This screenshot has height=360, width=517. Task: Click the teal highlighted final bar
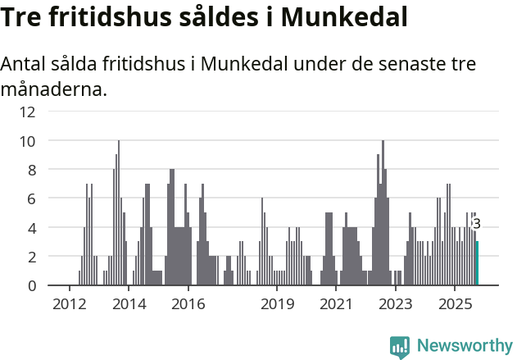477,263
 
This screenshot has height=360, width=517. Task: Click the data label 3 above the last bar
476,224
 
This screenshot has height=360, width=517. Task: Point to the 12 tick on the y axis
27,112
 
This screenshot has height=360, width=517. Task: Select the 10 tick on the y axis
27,141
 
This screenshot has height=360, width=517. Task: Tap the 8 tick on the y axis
30,170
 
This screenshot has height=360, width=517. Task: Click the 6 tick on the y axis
30,198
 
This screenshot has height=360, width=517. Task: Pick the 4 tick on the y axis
30,227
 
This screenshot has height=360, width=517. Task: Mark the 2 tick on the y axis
30,257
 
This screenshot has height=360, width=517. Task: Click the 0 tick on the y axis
30,285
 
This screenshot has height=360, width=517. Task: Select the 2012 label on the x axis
69,305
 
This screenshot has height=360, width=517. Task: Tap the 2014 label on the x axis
129,305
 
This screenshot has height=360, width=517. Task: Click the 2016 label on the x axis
188,305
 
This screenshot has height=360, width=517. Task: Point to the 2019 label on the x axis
277,305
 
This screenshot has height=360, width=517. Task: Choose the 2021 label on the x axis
336,305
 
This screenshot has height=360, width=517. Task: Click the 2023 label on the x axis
396,305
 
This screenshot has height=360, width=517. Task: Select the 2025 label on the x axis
456,305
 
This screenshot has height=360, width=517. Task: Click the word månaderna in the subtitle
54,89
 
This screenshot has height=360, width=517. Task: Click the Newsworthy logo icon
400,346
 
